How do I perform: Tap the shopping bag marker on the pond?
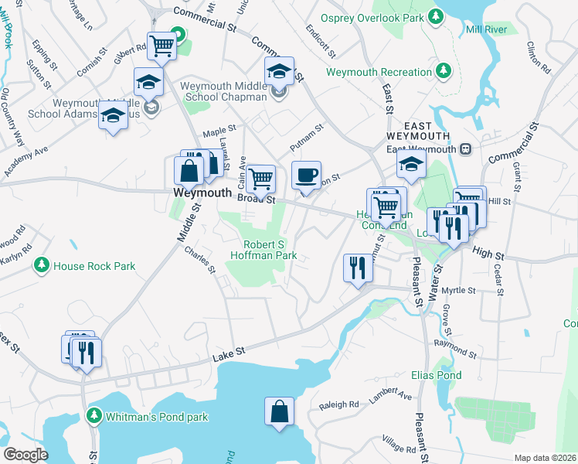(x=279, y=411)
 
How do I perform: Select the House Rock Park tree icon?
(x=42, y=266)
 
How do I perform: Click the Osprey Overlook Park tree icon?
(x=436, y=15)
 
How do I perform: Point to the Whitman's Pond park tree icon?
(x=94, y=417)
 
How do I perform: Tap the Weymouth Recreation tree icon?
(x=444, y=72)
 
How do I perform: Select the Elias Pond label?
(x=436, y=376)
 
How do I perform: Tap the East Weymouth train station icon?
(x=465, y=149)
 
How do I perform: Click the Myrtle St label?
(x=478, y=290)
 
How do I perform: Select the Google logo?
(x=25, y=454)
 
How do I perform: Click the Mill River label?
(x=485, y=30)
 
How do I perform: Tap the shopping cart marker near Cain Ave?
(x=262, y=178)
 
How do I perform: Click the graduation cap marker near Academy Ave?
(x=114, y=116)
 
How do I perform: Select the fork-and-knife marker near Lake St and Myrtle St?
(x=356, y=268)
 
